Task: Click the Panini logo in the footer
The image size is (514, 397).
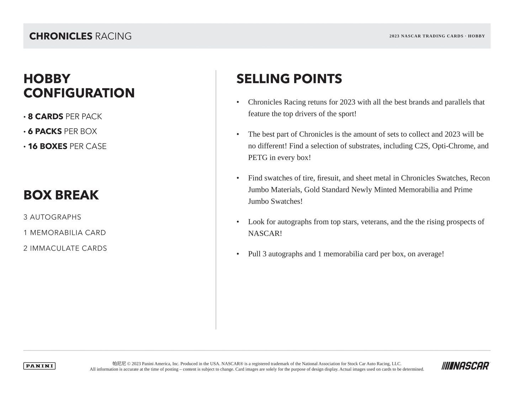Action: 39,366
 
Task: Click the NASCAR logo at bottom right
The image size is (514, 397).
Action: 466,366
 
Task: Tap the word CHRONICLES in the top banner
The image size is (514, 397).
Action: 61,36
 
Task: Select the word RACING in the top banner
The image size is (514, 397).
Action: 113,36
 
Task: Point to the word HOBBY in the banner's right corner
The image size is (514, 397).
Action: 476,36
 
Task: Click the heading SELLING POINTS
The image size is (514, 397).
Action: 289,79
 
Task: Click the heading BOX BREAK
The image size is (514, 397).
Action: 61,195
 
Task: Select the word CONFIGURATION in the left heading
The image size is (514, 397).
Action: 79,93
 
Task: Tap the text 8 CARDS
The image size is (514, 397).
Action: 46,117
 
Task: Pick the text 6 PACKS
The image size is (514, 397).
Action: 45,132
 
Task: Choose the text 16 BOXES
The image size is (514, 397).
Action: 48,146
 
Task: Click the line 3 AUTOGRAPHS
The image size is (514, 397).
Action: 52,217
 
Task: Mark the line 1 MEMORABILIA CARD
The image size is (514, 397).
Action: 65,233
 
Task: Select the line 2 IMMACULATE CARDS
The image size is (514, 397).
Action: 65,248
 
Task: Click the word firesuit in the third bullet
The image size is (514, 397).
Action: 328,178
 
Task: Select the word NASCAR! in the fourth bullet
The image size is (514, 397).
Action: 265,234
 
